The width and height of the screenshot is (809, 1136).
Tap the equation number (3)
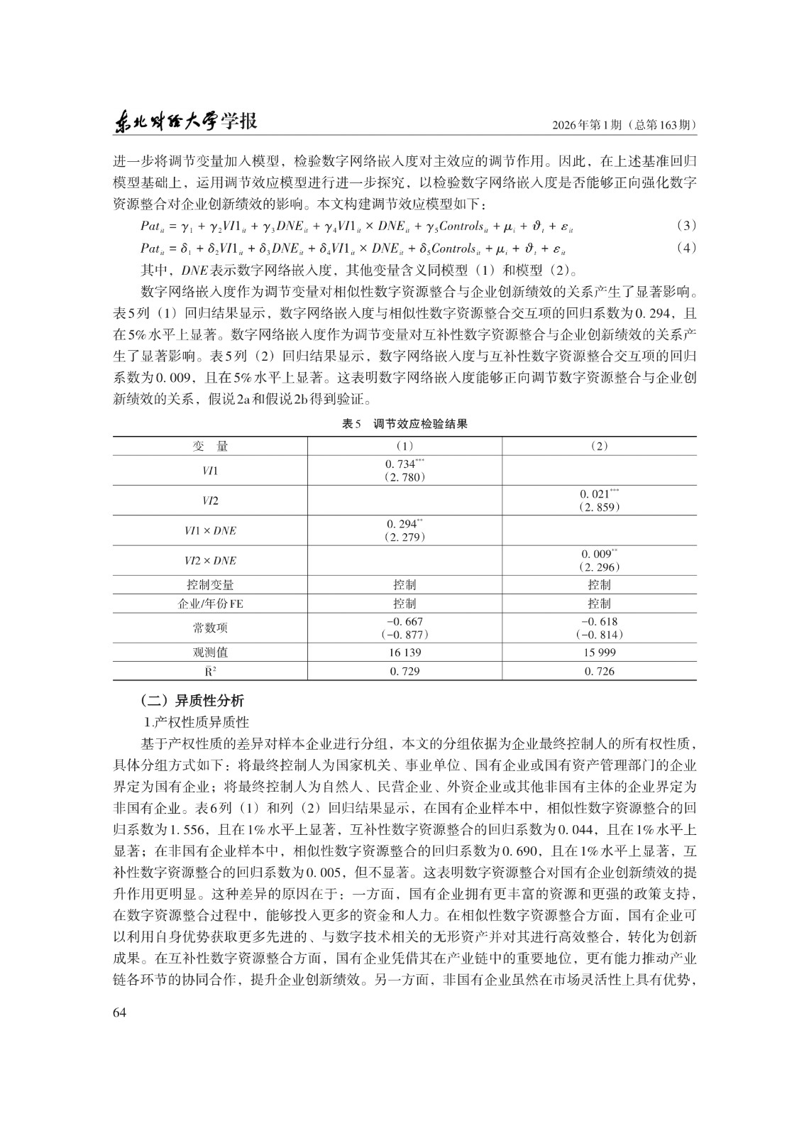pyautogui.click(x=686, y=226)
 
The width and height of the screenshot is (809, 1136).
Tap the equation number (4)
pyautogui.click(x=686, y=248)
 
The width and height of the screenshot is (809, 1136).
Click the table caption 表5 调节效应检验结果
pyautogui.click(x=404, y=424)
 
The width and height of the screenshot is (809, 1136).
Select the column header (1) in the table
pyautogui.click(x=404, y=447)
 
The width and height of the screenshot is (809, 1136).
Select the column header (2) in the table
pyautogui.click(x=600, y=447)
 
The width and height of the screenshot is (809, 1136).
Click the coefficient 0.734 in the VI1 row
pyautogui.click(x=401, y=464)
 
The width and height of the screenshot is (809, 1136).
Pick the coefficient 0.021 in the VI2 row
pyautogui.click(x=596, y=494)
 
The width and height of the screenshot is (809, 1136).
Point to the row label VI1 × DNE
pyautogui.click(x=210, y=530)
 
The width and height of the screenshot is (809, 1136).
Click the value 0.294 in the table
pyautogui.click(x=401, y=524)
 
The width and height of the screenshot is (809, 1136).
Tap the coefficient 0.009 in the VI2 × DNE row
pyautogui.click(x=596, y=554)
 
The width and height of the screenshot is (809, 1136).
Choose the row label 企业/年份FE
pyautogui.click(x=210, y=603)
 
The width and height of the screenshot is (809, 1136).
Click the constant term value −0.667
pyautogui.click(x=404, y=622)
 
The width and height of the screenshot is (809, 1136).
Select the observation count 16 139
pyautogui.click(x=404, y=652)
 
